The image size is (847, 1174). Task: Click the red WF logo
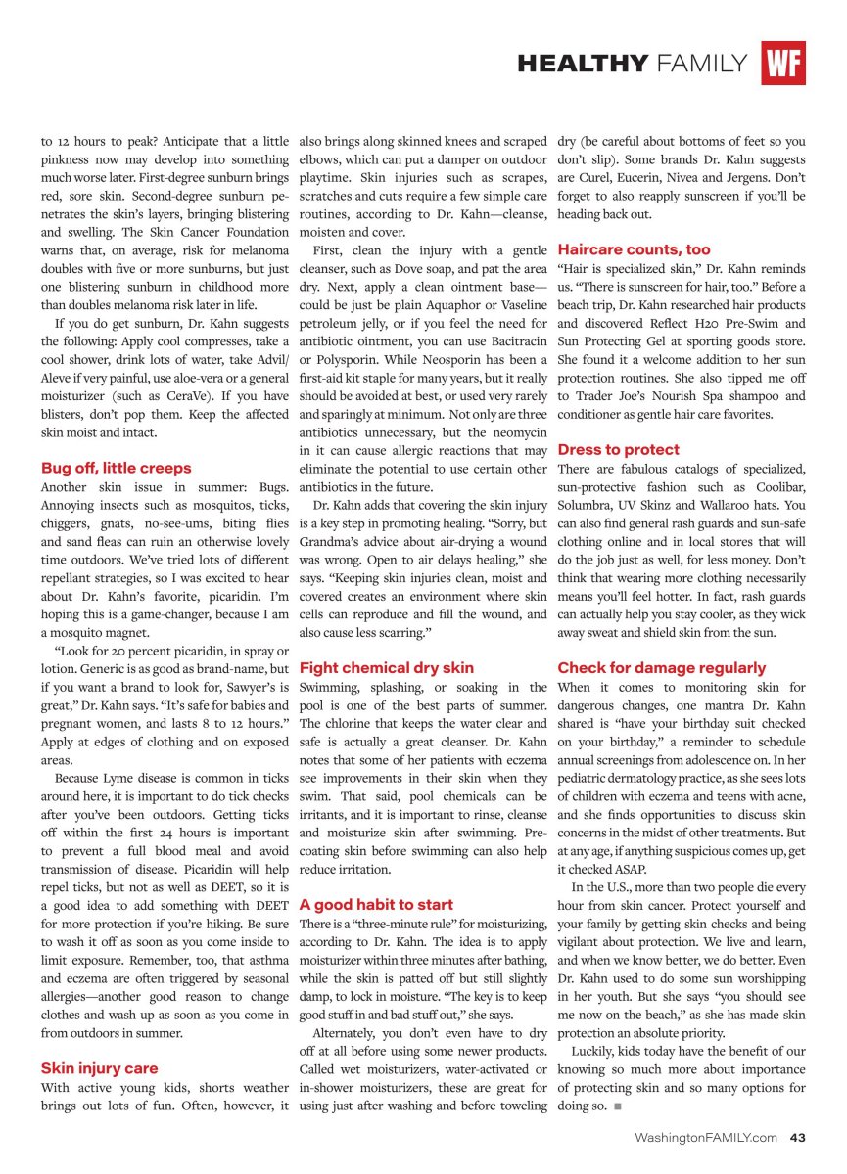783,64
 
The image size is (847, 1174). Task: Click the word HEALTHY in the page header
583,65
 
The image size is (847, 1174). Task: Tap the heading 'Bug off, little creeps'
117,468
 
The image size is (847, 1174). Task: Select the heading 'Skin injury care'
99,1068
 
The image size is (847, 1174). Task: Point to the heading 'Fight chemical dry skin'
387,668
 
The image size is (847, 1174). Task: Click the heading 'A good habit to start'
376,904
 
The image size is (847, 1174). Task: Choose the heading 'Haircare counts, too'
635,249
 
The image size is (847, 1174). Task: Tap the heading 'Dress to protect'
618,450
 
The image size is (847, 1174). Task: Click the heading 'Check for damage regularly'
662,668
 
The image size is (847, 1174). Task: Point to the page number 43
797,1137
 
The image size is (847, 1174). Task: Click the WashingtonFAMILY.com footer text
706,1137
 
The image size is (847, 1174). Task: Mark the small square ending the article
617,1106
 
